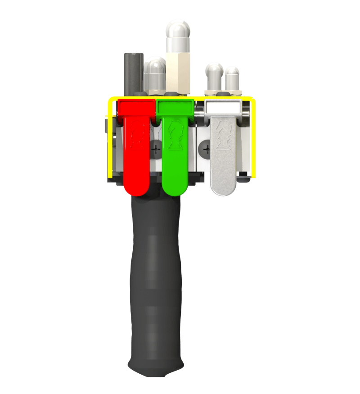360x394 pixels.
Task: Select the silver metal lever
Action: pyautogui.click(x=223, y=158)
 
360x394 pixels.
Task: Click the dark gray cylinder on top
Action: pyautogui.click(x=134, y=72)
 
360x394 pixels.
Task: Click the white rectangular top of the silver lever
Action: pyautogui.click(x=223, y=107)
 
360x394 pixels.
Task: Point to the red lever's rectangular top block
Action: pyautogui.click(x=136, y=107)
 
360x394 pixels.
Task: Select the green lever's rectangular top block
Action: pyautogui.click(x=175, y=107)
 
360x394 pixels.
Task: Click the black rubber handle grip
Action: pyautogui.click(x=155, y=279)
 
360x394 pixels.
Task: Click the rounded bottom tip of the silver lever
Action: pyautogui.click(x=223, y=189)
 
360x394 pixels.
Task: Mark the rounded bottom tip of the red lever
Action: pyautogui.click(x=136, y=189)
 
